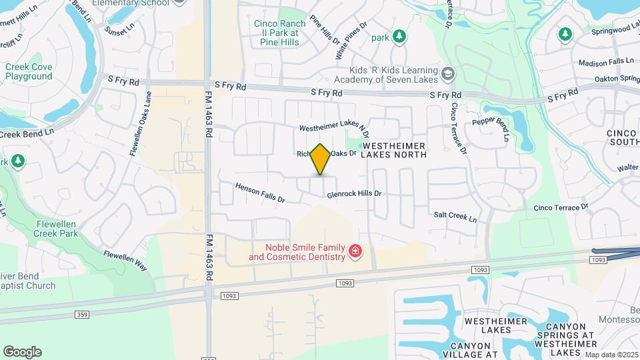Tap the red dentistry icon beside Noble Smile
coord(355,251)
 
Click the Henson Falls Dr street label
coord(260,193)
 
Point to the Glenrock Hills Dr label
coord(354,194)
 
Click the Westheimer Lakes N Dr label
coord(333,126)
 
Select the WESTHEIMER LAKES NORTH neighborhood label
coord(393,149)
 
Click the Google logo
coord(22,351)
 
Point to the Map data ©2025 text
coord(611,355)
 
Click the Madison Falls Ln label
coord(606,61)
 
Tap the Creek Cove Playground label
coord(29,71)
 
